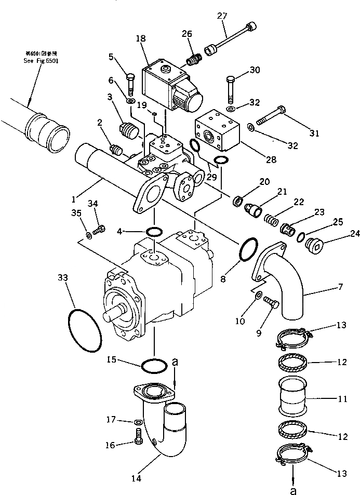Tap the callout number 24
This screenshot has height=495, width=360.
[341, 240]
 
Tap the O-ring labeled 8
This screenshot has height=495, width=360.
[248, 250]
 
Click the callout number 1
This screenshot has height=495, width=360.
[76, 198]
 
